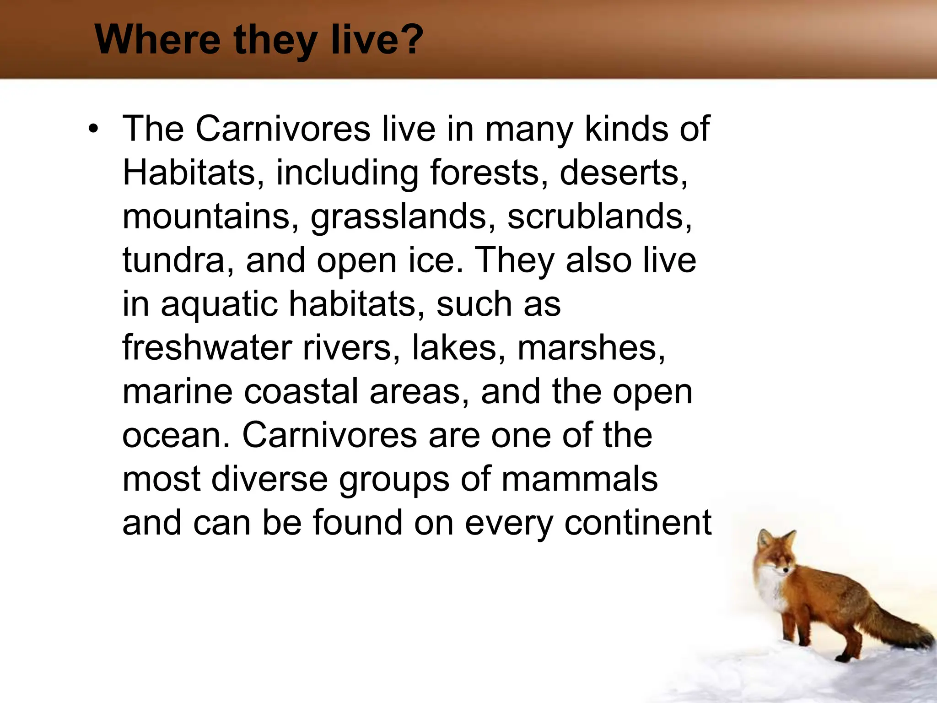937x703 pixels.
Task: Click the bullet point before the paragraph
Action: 94,129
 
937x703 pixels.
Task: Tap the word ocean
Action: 176,435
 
